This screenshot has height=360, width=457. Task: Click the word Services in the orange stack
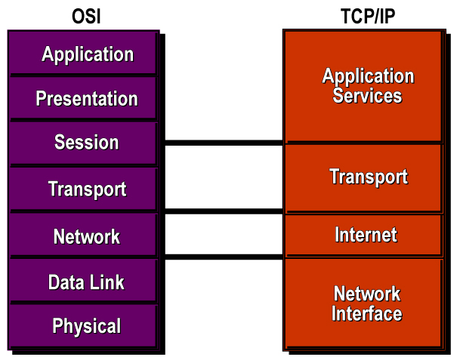tap(367, 97)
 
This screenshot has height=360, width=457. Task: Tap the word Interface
tap(367, 314)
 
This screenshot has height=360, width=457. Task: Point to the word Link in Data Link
tap(107, 283)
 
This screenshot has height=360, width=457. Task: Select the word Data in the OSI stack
tap(65, 283)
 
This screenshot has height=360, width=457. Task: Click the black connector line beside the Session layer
tap(223, 142)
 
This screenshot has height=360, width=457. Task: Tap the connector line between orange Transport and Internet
tap(223, 211)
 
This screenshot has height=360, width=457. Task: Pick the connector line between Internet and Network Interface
tap(223, 257)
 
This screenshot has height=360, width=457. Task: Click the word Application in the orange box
tap(368, 76)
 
